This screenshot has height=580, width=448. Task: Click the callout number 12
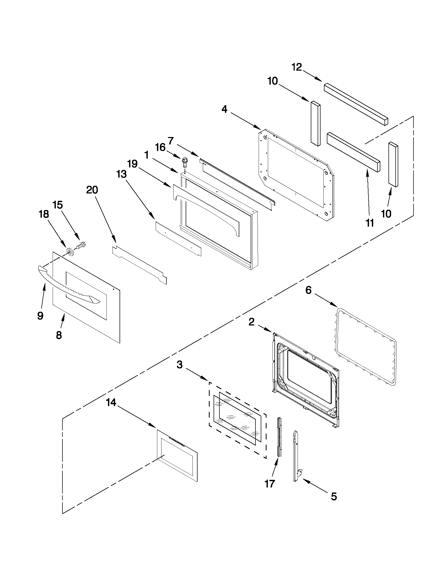(297, 67)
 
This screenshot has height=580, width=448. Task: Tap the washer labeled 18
(70, 251)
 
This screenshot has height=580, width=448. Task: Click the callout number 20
(92, 190)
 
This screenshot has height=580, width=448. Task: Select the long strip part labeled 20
(139, 265)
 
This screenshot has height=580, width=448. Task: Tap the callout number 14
(111, 403)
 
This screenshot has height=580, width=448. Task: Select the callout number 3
(180, 365)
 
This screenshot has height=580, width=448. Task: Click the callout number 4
(225, 109)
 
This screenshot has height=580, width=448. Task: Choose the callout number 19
(132, 164)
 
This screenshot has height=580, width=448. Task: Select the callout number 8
(59, 335)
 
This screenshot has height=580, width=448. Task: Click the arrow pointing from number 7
(187, 149)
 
